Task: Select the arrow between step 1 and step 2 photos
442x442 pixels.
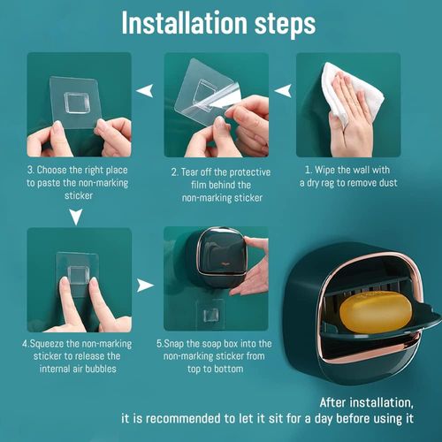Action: click(284, 90)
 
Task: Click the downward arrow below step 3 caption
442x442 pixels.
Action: click(78, 216)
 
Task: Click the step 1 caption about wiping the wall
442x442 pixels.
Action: click(351, 175)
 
